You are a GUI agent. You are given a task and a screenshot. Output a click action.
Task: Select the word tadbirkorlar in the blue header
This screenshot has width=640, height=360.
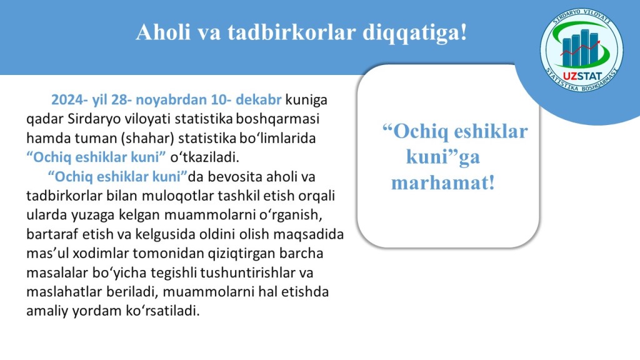pyautogui.click(x=291, y=32)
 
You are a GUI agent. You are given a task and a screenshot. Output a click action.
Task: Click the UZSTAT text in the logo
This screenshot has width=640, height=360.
pyautogui.click(x=582, y=76)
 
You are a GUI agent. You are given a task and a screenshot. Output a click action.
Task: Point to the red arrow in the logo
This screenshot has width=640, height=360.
pyautogui.click(x=580, y=48)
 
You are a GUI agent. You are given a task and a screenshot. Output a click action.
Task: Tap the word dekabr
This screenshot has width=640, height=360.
pyautogui.click(x=259, y=99)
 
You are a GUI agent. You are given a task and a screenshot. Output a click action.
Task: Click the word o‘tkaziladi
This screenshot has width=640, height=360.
pyautogui.click(x=204, y=157)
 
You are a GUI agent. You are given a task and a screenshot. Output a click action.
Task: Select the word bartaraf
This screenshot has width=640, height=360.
pyautogui.click(x=52, y=234)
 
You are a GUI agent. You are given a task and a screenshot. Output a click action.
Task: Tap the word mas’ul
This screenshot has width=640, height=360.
pyautogui.click(x=47, y=254)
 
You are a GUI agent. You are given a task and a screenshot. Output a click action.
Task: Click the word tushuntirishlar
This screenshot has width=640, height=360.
pyautogui.click(x=248, y=272)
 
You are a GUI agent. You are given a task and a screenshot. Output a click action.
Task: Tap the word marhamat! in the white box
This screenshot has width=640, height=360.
pyautogui.click(x=443, y=182)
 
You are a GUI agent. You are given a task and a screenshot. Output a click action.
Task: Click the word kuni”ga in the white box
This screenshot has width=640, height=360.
pyautogui.click(x=443, y=157)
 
